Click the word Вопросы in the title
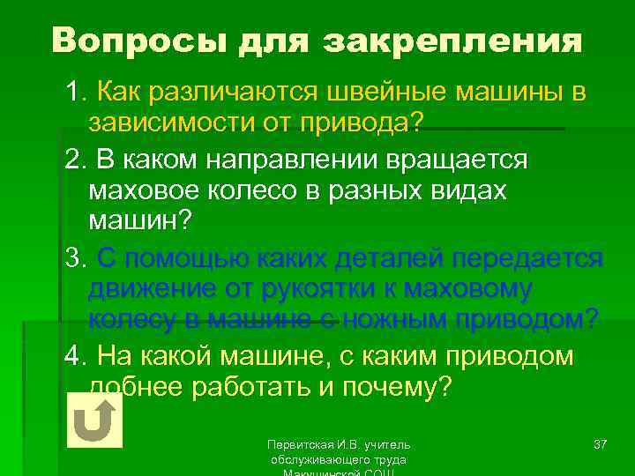(x=130, y=41)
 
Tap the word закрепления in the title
(x=452, y=41)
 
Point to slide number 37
(x=600, y=443)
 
